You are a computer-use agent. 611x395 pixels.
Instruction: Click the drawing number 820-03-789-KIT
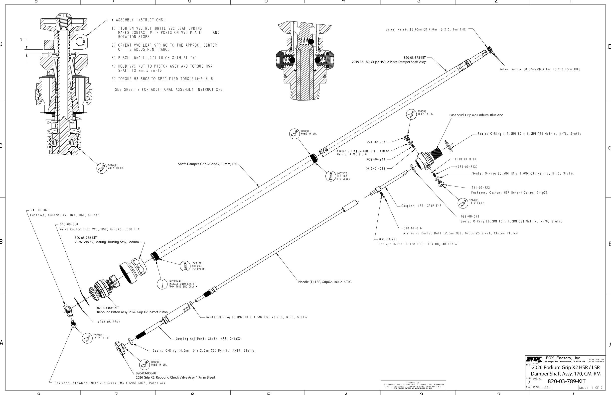(x=566, y=381)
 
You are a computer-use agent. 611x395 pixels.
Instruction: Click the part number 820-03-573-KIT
(x=414, y=58)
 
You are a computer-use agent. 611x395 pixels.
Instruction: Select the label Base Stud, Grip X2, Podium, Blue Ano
(x=476, y=115)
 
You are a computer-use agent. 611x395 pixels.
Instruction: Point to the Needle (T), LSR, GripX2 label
(x=325, y=282)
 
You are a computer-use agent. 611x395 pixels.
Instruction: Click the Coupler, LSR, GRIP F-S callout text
(x=421, y=206)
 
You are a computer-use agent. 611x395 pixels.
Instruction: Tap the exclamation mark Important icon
(x=162, y=284)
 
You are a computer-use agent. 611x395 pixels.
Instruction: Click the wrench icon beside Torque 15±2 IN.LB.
(x=87, y=338)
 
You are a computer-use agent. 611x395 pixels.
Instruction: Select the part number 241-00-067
(x=39, y=210)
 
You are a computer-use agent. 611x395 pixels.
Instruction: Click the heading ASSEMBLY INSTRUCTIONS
(x=140, y=20)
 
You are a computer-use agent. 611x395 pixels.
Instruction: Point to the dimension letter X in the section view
(x=21, y=40)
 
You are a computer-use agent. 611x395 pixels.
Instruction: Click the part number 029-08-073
(x=470, y=216)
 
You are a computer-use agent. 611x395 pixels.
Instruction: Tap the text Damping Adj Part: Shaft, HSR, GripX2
(x=208, y=339)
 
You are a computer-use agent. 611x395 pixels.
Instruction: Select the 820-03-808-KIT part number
(x=147, y=373)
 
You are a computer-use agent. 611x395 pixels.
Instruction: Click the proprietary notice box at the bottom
(x=413, y=385)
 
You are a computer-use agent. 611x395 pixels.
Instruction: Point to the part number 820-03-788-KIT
(x=86, y=238)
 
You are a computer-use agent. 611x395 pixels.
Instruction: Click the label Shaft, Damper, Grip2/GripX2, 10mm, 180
(x=207, y=164)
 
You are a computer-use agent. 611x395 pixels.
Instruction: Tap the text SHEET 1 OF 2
(x=591, y=388)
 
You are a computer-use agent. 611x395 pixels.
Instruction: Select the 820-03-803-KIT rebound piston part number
(x=108, y=308)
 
